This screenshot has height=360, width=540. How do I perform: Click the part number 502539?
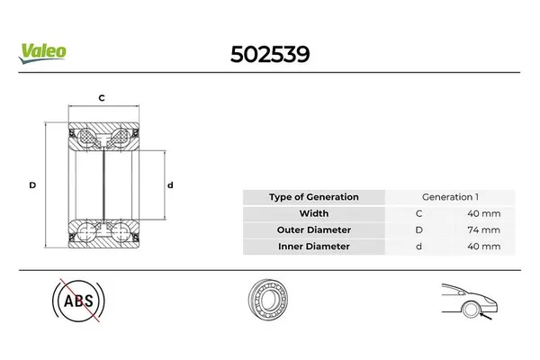point(271,53)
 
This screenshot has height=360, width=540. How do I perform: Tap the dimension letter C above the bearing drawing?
point(102,97)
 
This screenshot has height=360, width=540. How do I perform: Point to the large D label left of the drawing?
point(31,184)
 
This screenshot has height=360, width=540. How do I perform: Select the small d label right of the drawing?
point(170,184)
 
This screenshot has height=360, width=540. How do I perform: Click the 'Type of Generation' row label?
point(314,197)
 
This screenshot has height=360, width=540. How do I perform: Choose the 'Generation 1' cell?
point(450,197)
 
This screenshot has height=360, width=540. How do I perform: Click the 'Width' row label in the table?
point(314,213)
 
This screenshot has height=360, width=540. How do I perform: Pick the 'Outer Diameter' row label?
point(314,229)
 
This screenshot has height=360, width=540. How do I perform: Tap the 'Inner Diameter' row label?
point(314,246)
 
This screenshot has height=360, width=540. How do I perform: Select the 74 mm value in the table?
point(486,229)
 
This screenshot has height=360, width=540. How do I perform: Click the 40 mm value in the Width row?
point(486,213)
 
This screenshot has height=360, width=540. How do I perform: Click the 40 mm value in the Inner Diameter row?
point(486,246)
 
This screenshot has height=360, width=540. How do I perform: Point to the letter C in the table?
point(418,213)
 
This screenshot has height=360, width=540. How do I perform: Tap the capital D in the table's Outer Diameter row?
point(418,229)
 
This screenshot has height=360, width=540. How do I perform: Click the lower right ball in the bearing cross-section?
point(117,233)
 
